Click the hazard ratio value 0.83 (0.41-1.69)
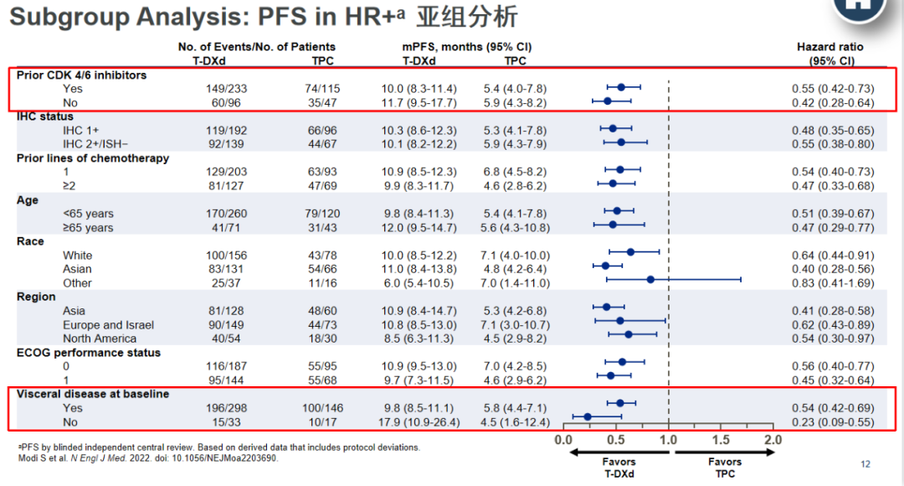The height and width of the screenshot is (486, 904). (833, 283)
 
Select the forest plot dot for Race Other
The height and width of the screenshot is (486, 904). (650, 279)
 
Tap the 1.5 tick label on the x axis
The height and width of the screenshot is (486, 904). (720, 439)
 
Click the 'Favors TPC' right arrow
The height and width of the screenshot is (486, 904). (725, 452)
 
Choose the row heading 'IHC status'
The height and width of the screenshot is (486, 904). (45, 116)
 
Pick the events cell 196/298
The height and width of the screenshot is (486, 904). (227, 408)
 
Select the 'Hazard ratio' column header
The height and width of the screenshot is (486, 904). (830, 47)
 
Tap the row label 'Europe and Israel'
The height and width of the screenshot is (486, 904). (108, 325)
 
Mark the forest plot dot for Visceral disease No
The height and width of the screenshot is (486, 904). (588, 416)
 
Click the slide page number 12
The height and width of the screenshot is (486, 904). (865, 463)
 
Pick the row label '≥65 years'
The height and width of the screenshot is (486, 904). (89, 228)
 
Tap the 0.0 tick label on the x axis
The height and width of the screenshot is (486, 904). (563, 439)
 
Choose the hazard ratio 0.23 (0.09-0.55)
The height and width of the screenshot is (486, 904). (833, 422)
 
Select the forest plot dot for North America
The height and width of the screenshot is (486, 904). (629, 334)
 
